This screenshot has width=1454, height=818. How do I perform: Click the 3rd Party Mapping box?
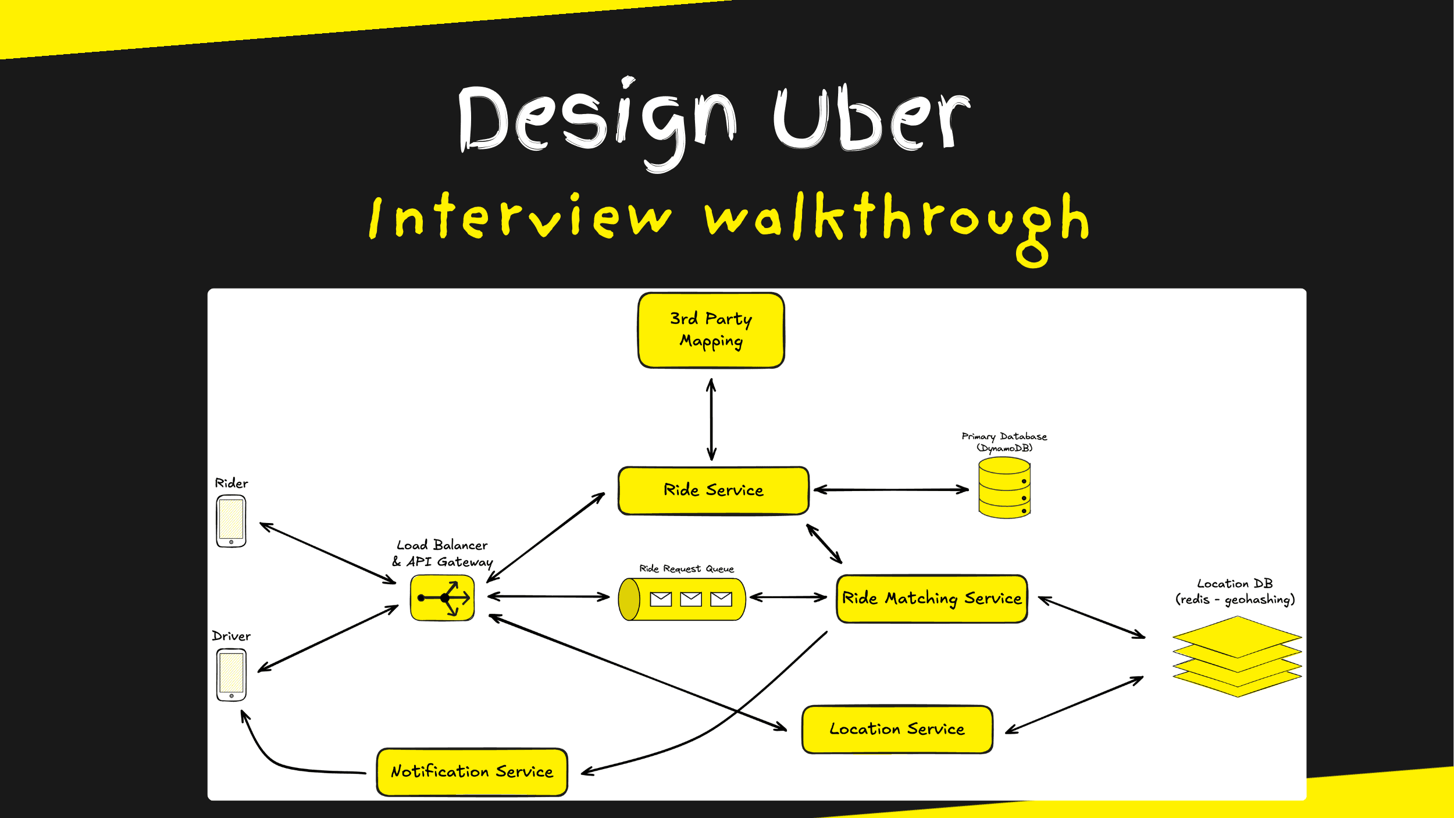pyautogui.click(x=711, y=330)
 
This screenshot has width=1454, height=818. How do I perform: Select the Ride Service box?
pyautogui.click(x=713, y=490)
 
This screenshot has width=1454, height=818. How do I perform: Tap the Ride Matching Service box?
pyautogui.click(x=931, y=599)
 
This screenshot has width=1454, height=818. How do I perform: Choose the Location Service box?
pyautogui.click(x=897, y=729)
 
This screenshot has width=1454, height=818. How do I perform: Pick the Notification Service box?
pyautogui.click(x=472, y=771)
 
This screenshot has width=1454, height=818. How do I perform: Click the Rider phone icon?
pyautogui.click(x=231, y=521)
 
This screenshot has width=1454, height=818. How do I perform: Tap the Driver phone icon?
pyautogui.click(x=231, y=675)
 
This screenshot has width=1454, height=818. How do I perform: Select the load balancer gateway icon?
pyautogui.click(x=443, y=598)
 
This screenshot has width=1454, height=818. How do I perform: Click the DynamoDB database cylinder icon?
pyautogui.click(x=1004, y=488)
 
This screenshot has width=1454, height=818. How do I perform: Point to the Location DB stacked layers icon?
pyautogui.click(x=1236, y=656)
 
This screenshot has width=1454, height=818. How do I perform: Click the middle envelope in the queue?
pyautogui.click(x=690, y=599)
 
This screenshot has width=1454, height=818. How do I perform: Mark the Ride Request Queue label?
pyautogui.click(x=686, y=568)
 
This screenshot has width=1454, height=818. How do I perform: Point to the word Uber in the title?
pyautogui.click(x=871, y=119)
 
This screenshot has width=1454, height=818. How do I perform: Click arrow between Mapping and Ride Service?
pyautogui.click(x=711, y=419)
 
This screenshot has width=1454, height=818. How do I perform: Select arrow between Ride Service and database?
pyautogui.click(x=891, y=490)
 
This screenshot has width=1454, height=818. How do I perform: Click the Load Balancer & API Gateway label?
pyautogui.click(x=442, y=553)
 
